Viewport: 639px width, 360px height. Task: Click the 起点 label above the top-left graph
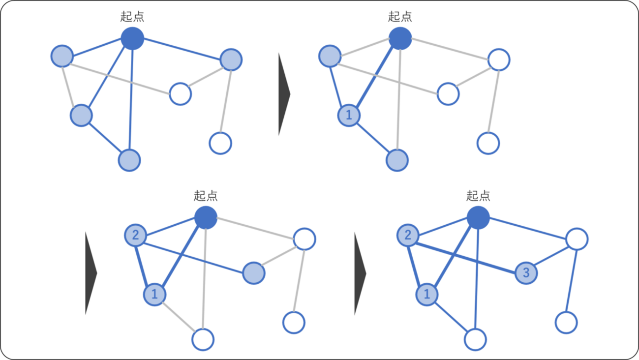tap(132, 17)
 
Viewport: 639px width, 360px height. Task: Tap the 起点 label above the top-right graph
tap(400, 17)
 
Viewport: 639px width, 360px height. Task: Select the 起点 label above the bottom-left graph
tap(206, 196)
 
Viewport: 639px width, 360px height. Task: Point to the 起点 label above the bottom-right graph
tap(478, 196)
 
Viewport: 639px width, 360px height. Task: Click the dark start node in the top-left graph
tap(132, 38)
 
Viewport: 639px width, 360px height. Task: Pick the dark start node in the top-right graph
tap(400, 38)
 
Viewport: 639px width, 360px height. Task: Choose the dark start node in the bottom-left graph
tap(206, 217)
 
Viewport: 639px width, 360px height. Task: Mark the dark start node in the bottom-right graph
tap(478, 217)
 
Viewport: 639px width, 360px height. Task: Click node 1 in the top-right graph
tap(349, 116)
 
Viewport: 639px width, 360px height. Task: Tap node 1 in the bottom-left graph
tap(155, 295)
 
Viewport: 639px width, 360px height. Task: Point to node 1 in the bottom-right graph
tap(427, 295)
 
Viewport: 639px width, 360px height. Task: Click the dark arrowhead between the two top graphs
tap(284, 93)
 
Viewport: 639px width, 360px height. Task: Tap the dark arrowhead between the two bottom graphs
tap(360, 273)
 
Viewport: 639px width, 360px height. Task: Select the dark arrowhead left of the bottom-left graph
tap(91, 273)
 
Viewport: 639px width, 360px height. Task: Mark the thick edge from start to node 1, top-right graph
tap(374, 77)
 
